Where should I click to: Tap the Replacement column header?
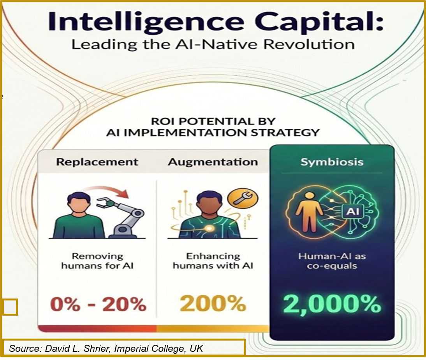[x=97, y=162]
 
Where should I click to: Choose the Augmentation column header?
[x=213, y=162]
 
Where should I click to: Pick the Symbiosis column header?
[x=332, y=162]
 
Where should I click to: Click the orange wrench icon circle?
[x=243, y=198]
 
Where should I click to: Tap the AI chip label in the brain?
[x=353, y=211]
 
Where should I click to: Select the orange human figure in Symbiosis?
[x=308, y=211]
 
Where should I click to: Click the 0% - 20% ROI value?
[x=99, y=304]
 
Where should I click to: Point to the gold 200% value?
[x=213, y=304]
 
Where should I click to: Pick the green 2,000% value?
[x=332, y=304]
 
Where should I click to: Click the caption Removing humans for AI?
[x=97, y=261]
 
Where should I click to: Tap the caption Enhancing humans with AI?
[x=213, y=261]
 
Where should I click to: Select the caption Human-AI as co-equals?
[x=332, y=261]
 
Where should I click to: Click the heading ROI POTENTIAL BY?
[x=213, y=121]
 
